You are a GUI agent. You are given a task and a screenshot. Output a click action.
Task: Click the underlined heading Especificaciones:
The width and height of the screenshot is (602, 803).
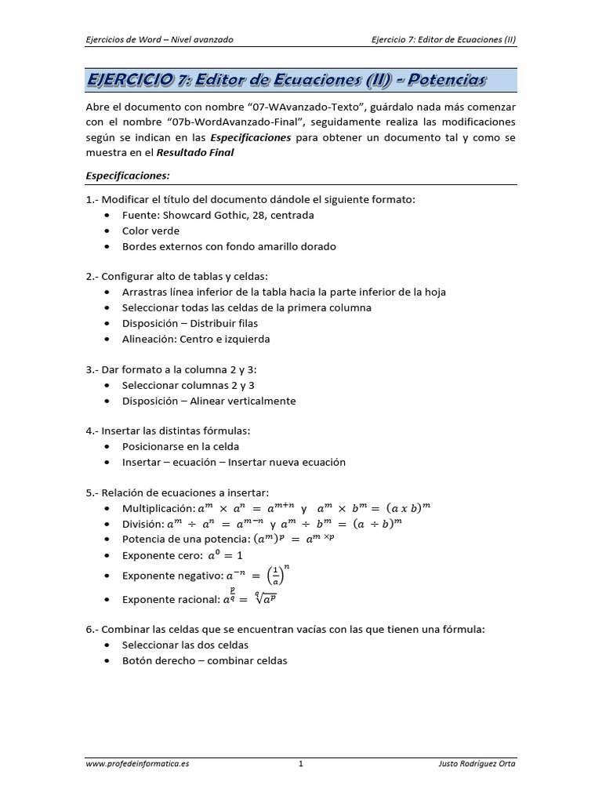click(x=128, y=176)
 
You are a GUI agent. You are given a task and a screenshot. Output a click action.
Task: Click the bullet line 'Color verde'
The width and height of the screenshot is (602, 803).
click(x=150, y=231)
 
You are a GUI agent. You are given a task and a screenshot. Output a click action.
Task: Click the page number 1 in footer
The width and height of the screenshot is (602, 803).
click(x=301, y=763)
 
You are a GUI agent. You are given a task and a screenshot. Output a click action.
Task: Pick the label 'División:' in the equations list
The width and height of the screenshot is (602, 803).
click(x=143, y=524)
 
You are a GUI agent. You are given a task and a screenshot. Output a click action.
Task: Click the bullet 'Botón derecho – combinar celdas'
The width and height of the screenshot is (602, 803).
click(x=205, y=660)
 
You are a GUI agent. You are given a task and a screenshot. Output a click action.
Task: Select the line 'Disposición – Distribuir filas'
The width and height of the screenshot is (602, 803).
click(x=190, y=323)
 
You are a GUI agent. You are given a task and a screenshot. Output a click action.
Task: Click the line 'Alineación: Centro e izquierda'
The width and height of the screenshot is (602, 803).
click(x=196, y=339)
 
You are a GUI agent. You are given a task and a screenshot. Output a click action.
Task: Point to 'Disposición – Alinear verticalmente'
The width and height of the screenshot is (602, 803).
click(x=209, y=401)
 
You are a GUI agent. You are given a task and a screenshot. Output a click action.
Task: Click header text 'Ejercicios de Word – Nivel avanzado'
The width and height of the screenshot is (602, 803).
click(x=159, y=40)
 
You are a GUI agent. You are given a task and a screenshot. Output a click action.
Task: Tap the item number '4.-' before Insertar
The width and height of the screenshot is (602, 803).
click(x=93, y=431)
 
